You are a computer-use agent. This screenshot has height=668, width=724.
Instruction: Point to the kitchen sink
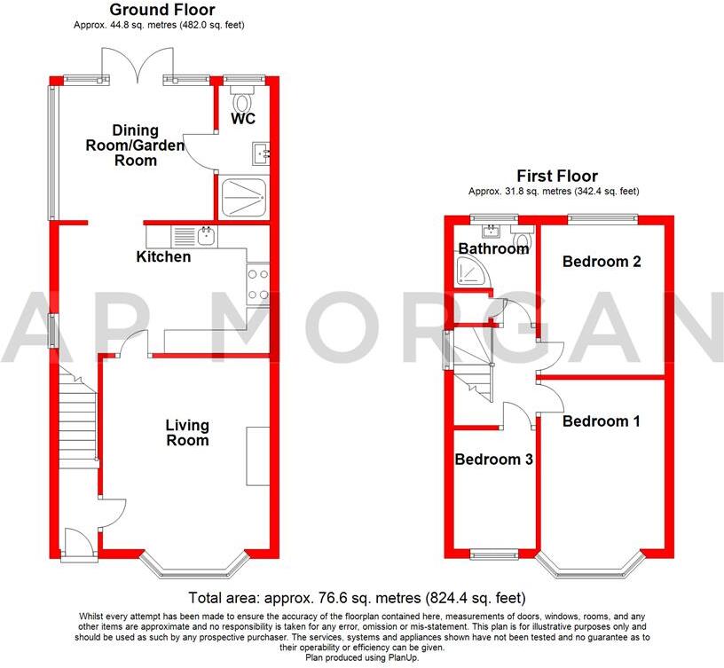(206, 236)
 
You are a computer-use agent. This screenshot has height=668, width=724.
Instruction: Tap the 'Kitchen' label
(163, 257)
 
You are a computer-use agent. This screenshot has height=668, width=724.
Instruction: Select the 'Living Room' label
(187, 433)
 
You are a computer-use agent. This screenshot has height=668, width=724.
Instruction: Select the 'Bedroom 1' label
(601, 421)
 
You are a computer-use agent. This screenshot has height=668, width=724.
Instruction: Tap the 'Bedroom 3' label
(493, 460)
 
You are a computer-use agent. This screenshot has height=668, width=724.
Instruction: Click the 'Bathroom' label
(493, 249)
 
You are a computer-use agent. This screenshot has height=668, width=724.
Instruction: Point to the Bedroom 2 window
(602, 216)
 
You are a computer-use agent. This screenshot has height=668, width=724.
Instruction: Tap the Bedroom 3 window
(494, 555)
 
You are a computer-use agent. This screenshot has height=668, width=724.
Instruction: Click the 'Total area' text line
(358, 598)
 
